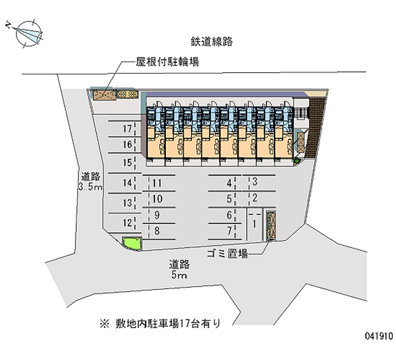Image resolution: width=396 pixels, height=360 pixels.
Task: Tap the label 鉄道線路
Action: coord(211,41)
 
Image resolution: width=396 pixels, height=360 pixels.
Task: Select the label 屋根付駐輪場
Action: coord(168,62)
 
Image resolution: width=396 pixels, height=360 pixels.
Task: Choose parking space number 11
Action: coord(157,183)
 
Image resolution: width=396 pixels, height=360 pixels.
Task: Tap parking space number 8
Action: coord(157,230)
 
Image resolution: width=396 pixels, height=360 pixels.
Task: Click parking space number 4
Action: coord(229,183)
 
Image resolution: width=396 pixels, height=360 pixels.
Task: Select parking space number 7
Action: coord(229,230)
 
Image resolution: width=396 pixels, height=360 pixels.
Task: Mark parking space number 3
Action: coord(254,182)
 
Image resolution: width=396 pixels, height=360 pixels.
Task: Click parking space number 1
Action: coord(254,224)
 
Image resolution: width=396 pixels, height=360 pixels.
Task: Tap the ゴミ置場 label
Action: coord(228,255)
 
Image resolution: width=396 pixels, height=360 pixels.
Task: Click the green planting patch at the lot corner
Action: coord(133,243)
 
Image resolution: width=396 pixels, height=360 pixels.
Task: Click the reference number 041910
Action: coord(378,335)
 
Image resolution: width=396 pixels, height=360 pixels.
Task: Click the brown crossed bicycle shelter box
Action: coord(104,94)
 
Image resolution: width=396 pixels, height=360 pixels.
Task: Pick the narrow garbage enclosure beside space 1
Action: coord(270,226)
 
